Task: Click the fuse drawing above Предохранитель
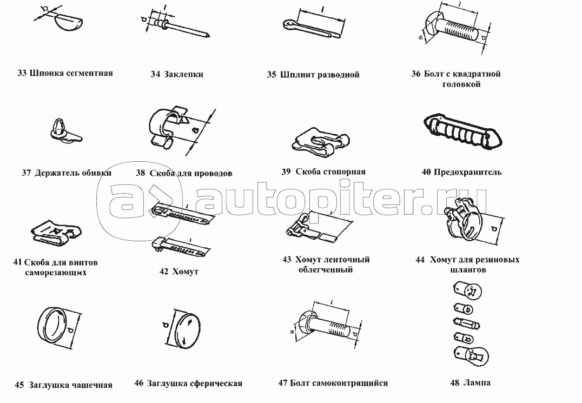(462, 130)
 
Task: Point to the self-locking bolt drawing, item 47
(324, 325)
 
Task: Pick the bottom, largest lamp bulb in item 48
(470, 356)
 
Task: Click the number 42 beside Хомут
(164, 271)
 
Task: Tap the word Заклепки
(184, 74)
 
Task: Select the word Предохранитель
(468, 172)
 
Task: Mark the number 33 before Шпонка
(22, 72)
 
